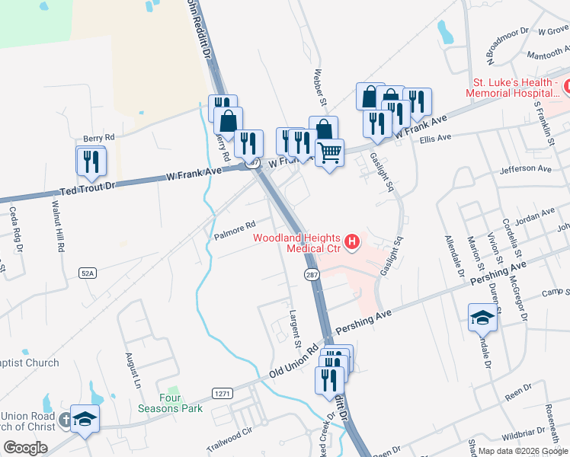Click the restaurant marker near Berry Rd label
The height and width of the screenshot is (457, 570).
coord(89,160)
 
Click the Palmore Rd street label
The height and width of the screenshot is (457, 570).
coord(234,227)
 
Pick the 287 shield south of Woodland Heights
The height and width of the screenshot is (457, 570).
coord(311,279)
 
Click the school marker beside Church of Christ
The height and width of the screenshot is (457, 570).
coord(85,420)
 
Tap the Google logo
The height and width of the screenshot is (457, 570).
coord(25,448)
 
